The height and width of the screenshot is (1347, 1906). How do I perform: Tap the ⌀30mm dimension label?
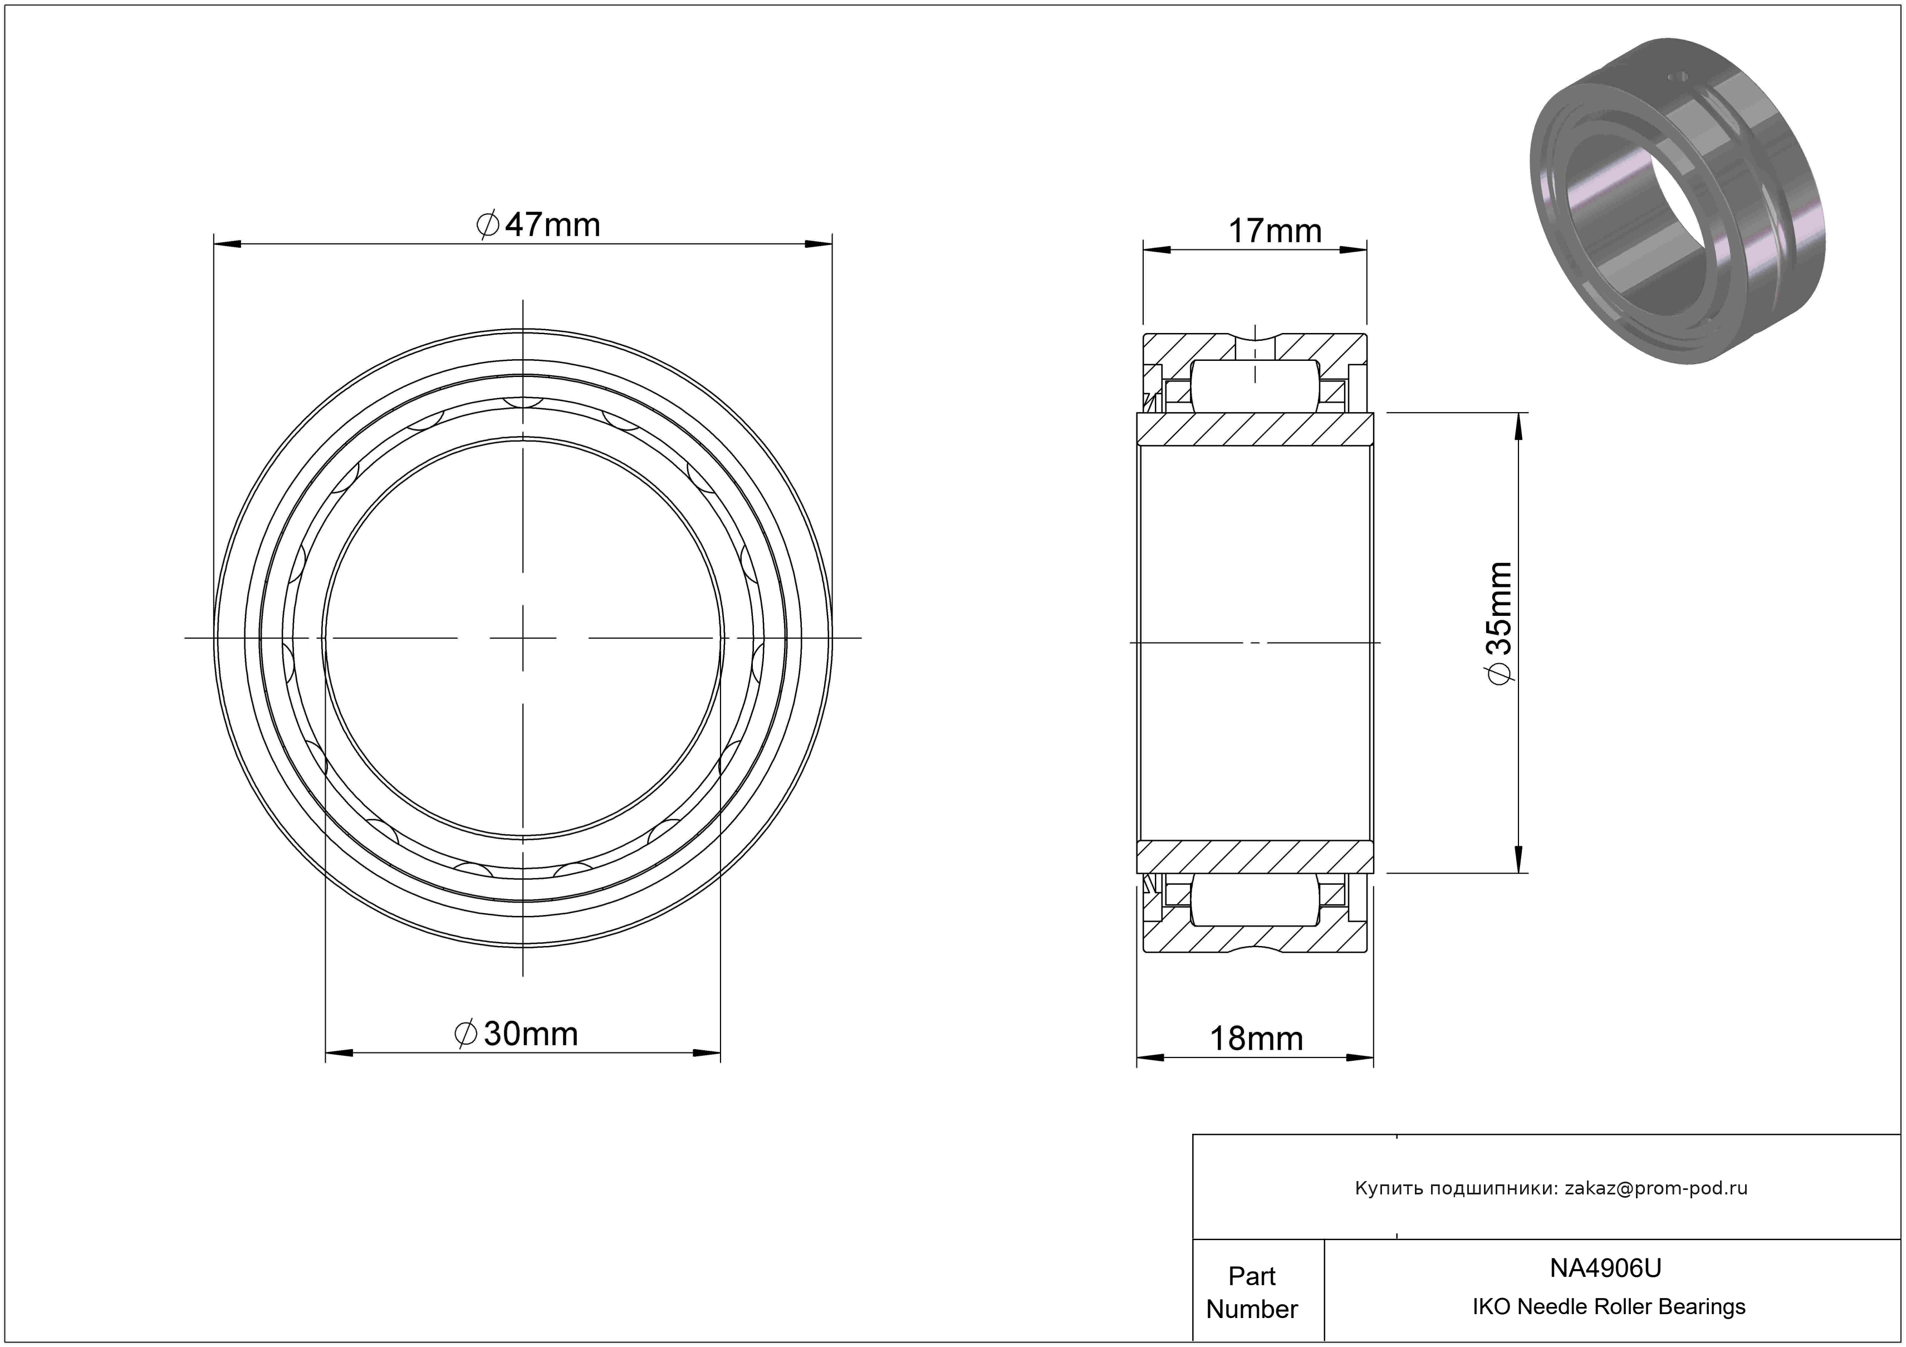(x=516, y=1033)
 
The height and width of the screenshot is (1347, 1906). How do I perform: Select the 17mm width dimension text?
(x=1274, y=231)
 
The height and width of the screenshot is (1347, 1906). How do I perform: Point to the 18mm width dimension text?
(x=1256, y=1039)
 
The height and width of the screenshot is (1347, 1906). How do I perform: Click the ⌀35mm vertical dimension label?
(x=1499, y=623)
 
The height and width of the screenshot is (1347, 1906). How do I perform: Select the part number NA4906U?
(x=1605, y=1268)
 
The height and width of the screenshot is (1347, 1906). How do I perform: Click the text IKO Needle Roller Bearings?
(x=1609, y=1307)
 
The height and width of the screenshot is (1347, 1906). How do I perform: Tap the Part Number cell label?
(x=1252, y=1292)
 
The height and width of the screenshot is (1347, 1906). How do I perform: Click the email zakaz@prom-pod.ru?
(x=1656, y=1188)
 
